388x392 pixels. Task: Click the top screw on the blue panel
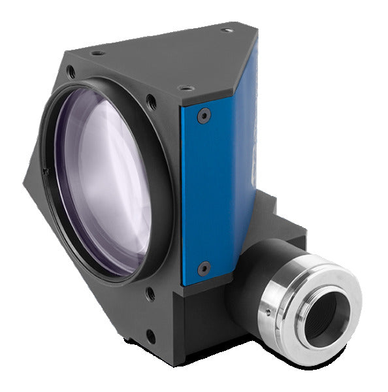204,115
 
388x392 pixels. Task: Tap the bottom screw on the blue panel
204,268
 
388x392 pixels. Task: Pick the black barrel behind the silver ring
268,261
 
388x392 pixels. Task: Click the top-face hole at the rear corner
226,29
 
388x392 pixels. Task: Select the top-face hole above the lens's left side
96,52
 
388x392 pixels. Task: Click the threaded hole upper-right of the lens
152,103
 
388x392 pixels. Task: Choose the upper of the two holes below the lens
151,294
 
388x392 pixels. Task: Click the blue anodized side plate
219,183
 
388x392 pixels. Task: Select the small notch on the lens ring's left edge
46,172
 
